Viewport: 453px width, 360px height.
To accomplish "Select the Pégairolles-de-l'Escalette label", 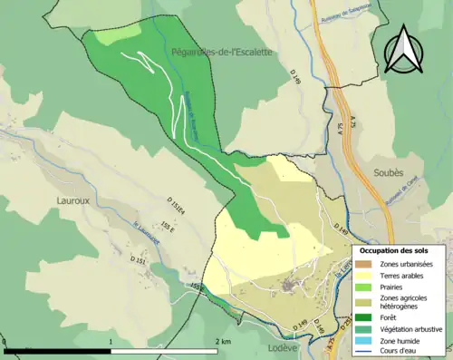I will (x=221, y=53).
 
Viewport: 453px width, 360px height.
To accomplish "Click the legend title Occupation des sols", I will (x=400, y=249).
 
